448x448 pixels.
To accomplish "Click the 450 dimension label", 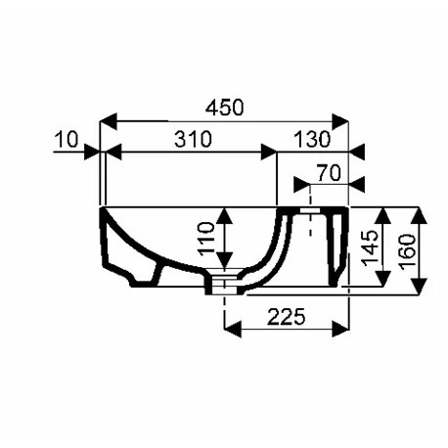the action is [x=225, y=107].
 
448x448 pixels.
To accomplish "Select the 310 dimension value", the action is [x=193, y=139].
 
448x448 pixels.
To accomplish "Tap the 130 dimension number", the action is [x=312, y=139].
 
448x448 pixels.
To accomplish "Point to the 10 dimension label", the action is [x=67, y=139].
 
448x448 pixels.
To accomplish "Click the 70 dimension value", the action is [x=329, y=173].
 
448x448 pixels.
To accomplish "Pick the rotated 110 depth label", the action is [x=206, y=239].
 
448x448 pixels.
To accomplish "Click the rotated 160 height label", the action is [x=408, y=251].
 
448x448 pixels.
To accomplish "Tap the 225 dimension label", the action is [x=287, y=317].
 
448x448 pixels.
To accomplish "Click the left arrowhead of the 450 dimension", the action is [x=109, y=121].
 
